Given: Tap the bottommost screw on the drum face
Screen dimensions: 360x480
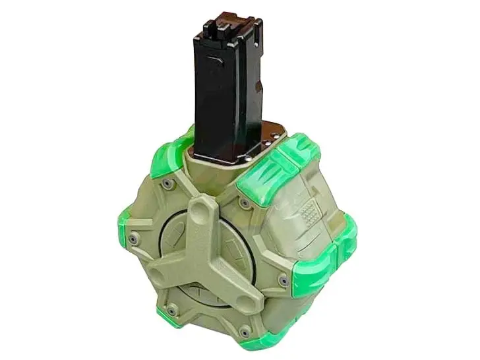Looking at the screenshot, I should coord(245,332).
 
